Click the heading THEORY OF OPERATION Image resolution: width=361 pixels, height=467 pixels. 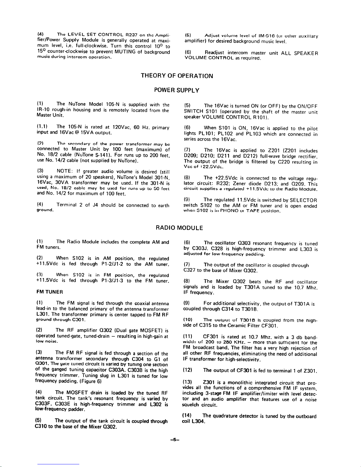point(177,76)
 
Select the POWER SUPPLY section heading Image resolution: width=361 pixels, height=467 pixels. point(177,90)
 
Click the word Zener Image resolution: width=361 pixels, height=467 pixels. point(241,184)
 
